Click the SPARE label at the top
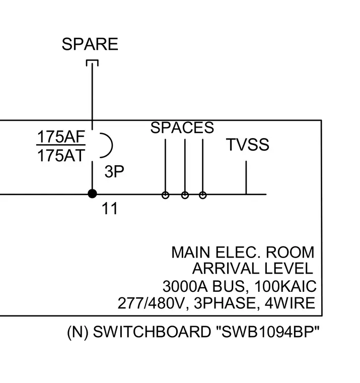click(90, 44)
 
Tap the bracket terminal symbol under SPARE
click(92, 60)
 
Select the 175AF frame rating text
click(61, 137)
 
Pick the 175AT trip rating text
click(61, 156)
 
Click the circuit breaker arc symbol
click(112, 145)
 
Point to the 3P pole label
click(114, 171)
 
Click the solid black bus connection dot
click(92, 194)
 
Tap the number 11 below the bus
click(110, 209)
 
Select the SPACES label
click(182, 127)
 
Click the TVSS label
click(248, 145)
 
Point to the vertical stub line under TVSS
click(246, 177)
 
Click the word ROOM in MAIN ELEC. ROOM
click(290, 252)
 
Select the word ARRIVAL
click(226, 269)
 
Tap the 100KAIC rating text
click(285, 286)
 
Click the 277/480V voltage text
click(151, 303)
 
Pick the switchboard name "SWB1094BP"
click(268, 332)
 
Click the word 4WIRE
click(290, 303)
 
